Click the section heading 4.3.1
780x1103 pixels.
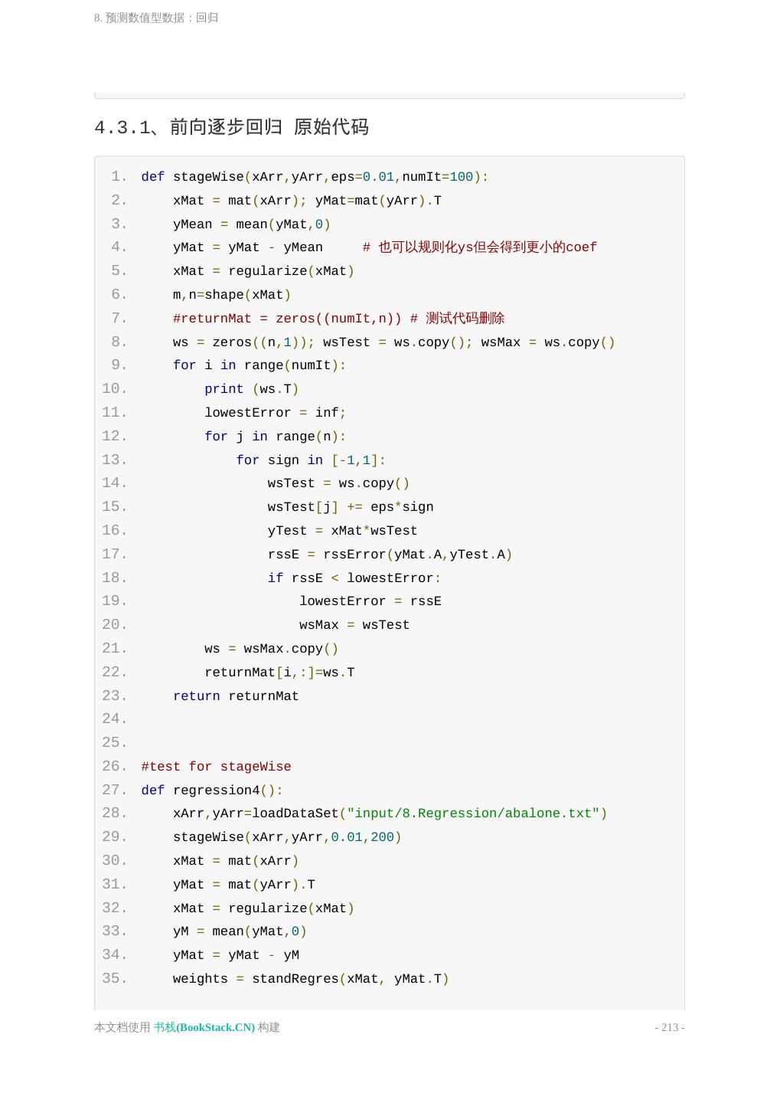click(231, 127)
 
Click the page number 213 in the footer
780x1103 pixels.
click(670, 1027)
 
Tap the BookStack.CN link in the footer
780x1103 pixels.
click(204, 1027)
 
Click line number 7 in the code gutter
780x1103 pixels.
click(118, 318)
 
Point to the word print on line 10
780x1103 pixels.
click(224, 389)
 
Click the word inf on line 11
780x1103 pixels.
click(327, 413)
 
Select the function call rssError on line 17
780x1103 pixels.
click(354, 555)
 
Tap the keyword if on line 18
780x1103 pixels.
click(276, 578)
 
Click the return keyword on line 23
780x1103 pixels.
click(196, 696)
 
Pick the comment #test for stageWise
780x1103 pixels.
click(216, 767)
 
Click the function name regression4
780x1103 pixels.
click(216, 790)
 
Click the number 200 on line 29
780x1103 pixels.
click(382, 837)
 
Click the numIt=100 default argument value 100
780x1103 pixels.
click(462, 177)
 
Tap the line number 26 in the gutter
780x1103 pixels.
click(114, 767)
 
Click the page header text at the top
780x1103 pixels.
click(156, 18)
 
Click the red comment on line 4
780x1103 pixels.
click(479, 247)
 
